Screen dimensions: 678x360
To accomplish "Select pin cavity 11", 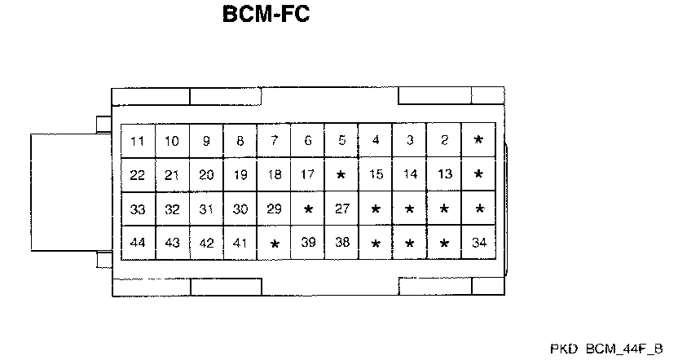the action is click(138, 141).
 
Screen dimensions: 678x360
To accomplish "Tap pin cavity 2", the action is click(444, 140).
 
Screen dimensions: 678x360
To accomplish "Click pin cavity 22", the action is click(138, 174).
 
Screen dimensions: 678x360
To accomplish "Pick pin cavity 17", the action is click(308, 174).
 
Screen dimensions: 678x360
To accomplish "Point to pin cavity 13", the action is click(444, 174).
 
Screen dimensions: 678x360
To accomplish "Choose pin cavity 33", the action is click(138, 209).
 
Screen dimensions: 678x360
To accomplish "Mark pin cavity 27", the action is click(342, 209).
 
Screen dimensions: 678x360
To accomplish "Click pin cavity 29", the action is click(275, 209).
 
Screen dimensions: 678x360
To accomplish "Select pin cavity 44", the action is click(138, 243).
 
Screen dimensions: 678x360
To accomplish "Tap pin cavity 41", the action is click(240, 243).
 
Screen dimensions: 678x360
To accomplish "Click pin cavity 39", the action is click(308, 243).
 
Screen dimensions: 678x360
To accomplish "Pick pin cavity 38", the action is click(342, 243).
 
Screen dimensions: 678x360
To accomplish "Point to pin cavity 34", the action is click(478, 243).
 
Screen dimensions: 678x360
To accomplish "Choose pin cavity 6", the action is click(308, 140).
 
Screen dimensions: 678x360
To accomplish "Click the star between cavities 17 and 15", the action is click(341, 175).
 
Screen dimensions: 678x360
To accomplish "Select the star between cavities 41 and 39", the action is click(275, 244).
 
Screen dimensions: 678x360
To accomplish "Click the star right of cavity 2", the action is click(478, 140).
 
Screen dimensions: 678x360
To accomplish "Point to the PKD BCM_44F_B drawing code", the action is click(609, 348).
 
